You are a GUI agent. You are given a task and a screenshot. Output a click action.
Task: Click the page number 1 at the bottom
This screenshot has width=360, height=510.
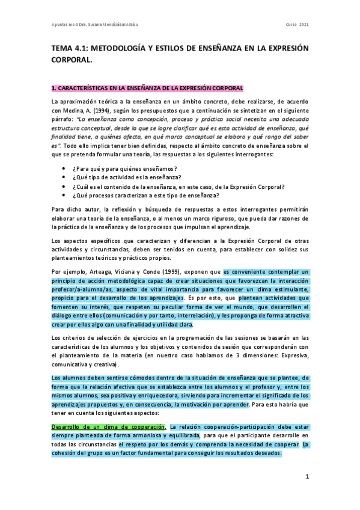[306, 477]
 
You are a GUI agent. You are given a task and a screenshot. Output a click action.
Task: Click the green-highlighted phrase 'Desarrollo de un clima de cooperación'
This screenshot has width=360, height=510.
[108, 426]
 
